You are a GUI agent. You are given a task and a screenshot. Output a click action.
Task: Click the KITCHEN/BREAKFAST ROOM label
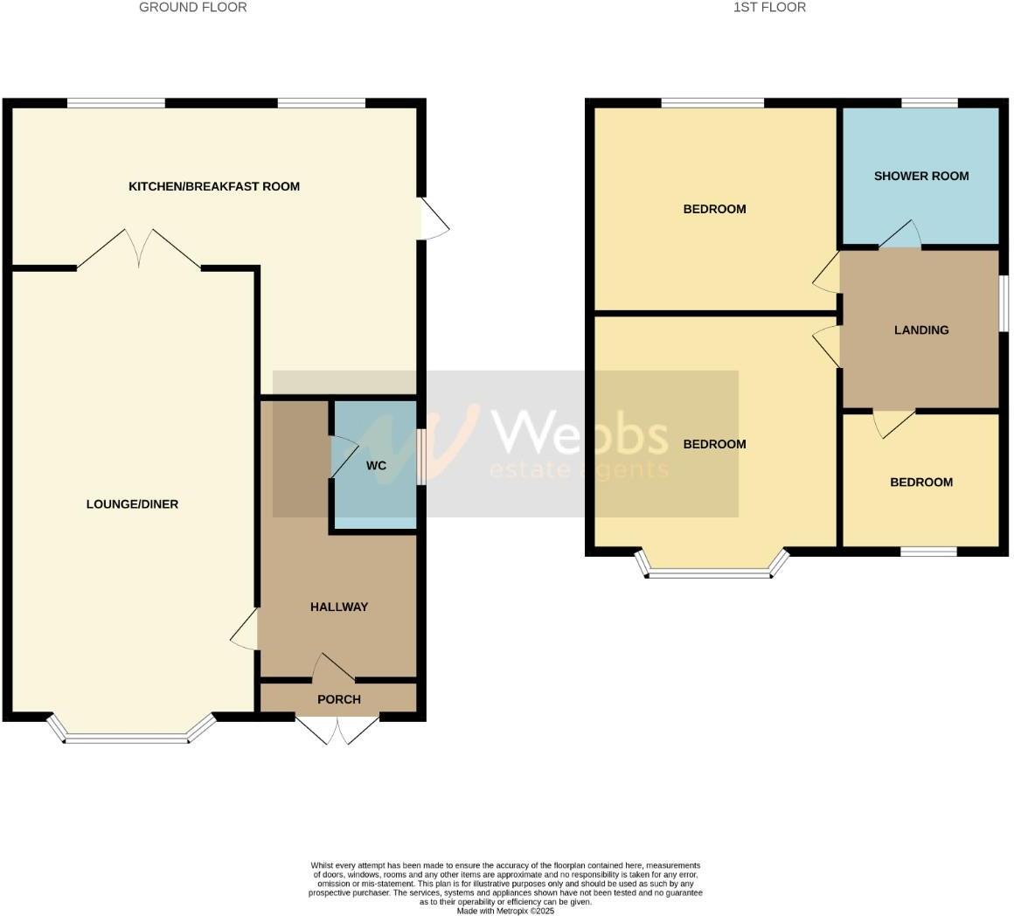[214, 186]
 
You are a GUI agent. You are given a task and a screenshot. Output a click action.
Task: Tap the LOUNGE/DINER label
[132, 504]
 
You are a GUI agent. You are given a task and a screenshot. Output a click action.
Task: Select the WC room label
[376, 466]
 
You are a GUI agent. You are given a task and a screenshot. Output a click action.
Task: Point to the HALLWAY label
[339, 607]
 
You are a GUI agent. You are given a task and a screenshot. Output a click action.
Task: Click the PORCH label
[339, 699]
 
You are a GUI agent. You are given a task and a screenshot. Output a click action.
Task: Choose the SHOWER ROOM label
[921, 176]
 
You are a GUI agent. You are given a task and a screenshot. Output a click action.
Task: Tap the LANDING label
[921, 330]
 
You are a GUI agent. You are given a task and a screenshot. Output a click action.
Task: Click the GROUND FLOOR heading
[193, 7]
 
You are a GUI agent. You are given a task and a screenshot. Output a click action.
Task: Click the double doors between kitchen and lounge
[139, 250]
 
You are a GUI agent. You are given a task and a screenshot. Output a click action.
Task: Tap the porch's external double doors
[337, 730]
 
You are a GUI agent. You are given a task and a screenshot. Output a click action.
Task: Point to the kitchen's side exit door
[434, 219]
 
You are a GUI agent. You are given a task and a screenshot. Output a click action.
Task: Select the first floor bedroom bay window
[710, 569]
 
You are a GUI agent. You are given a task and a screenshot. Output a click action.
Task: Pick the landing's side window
[1004, 303]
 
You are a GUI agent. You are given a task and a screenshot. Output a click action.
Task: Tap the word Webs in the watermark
[580, 434]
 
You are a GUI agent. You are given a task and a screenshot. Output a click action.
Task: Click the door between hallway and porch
[333, 669]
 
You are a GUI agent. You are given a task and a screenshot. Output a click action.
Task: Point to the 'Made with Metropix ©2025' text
[505, 911]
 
